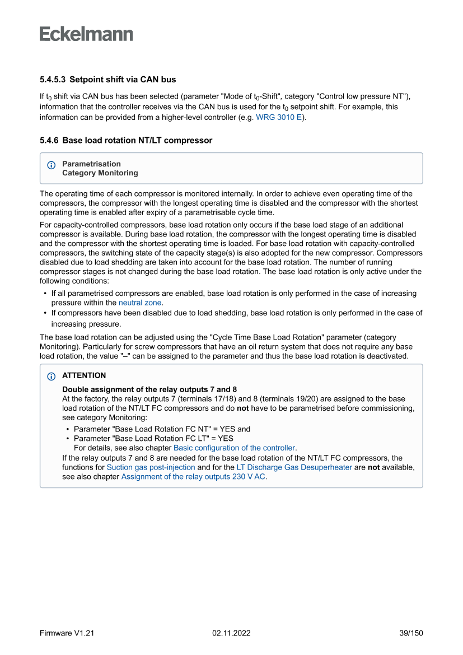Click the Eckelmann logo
click(x=86, y=34)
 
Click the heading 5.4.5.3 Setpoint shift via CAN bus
click(x=107, y=80)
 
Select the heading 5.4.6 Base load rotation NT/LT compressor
click(x=126, y=141)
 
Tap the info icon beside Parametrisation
click(x=52, y=165)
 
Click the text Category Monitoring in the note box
click(x=100, y=173)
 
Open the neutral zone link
click(x=140, y=303)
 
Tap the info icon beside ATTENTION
click(x=52, y=376)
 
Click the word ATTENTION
click(x=84, y=375)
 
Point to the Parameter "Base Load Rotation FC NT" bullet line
click(x=162, y=429)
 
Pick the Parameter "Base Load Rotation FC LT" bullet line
click(x=153, y=438)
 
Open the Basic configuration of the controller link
click(x=234, y=448)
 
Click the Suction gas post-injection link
click(x=151, y=467)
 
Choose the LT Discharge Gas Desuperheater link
click(x=294, y=467)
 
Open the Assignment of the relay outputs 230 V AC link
click(x=193, y=477)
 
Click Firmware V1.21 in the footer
click(x=67, y=633)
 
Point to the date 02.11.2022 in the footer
click(x=231, y=633)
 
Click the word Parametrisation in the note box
click(x=91, y=164)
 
